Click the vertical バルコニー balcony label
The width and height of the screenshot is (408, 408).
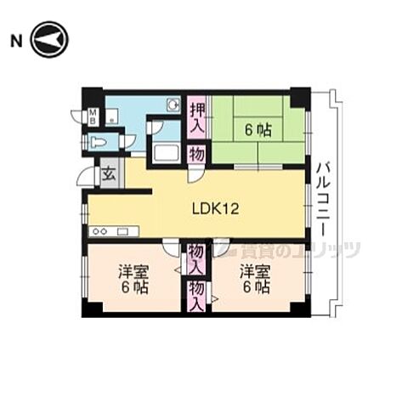point(323,195)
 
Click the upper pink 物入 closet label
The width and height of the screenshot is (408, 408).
point(197,257)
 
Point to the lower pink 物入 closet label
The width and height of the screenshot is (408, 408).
point(197,295)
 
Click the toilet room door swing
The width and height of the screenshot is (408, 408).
point(127,143)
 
